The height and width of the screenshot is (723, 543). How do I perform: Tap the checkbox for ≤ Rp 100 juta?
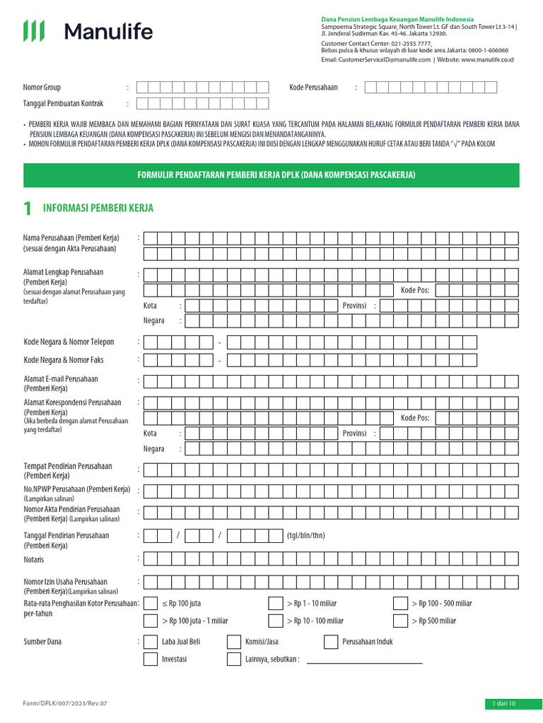pyautogui.click(x=150, y=603)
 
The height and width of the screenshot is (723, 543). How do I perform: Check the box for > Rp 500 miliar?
pyautogui.click(x=400, y=621)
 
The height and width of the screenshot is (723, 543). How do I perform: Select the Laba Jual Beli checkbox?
pyautogui.click(x=150, y=642)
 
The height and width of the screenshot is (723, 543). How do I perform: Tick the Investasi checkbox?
pyautogui.click(x=150, y=659)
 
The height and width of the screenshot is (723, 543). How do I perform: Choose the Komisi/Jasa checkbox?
pyautogui.click(x=234, y=642)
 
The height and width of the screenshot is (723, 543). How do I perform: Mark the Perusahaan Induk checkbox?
pyautogui.click(x=331, y=642)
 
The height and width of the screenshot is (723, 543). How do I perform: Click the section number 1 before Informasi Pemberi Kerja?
pyautogui.click(x=28, y=208)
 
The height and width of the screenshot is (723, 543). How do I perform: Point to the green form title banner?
pyautogui.click(x=271, y=174)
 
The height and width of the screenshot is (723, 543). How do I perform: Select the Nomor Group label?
pyautogui.click(x=42, y=88)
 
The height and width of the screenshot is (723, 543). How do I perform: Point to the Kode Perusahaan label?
pyautogui.click(x=313, y=88)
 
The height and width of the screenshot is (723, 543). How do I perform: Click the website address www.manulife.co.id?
pyautogui.click(x=487, y=61)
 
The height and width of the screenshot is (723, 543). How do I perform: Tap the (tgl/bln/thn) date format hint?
pyautogui.click(x=305, y=536)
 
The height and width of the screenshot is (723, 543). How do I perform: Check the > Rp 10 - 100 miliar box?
pyautogui.click(x=276, y=621)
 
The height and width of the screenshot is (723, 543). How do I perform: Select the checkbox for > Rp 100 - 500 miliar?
pyautogui.click(x=400, y=603)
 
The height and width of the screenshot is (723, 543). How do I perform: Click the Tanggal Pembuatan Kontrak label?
pyautogui.click(x=64, y=104)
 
